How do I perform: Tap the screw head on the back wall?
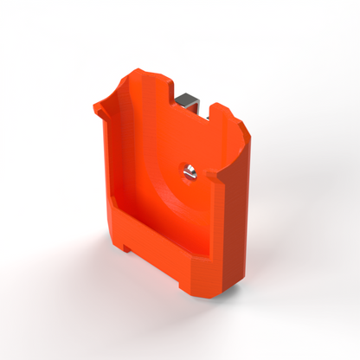pyautogui.click(x=190, y=171)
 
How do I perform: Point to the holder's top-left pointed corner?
pyautogui.click(x=98, y=105)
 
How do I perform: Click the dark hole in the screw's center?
pyautogui.click(x=190, y=171)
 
